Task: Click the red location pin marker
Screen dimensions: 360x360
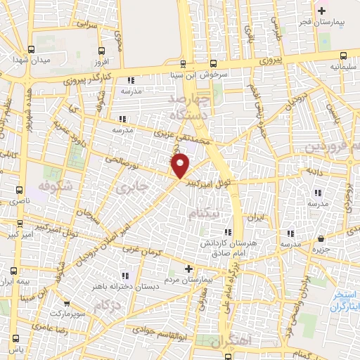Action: (x=181, y=166)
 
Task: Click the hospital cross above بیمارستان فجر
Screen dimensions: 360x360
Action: (x=322, y=11)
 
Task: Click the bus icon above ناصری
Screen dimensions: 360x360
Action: (x=20, y=191)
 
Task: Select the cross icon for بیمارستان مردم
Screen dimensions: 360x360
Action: (x=188, y=269)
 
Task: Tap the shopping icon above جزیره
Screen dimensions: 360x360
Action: (x=321, y=238)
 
